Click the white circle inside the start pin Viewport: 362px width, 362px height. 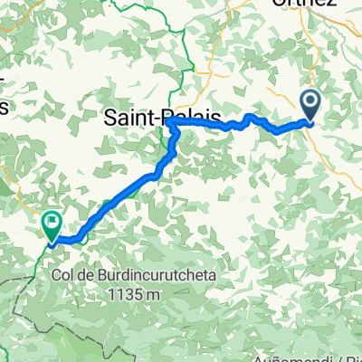pos(310,102)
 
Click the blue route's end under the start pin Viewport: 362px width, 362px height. pos(310,122)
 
